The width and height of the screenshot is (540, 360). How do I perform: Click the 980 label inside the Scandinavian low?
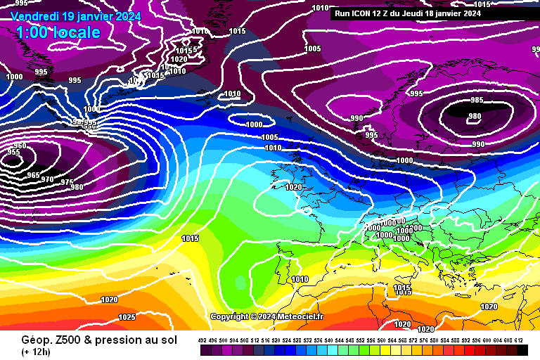coord(475,117)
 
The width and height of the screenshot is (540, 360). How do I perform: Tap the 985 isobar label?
coord(477,101)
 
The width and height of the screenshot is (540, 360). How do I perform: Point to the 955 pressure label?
coord(13,152)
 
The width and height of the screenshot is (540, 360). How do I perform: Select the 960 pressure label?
coord(20,146)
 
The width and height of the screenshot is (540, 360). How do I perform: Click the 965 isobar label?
coord(33,175)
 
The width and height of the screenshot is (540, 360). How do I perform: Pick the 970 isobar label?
coord(47,179)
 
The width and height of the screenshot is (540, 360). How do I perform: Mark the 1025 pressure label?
coord(127,317)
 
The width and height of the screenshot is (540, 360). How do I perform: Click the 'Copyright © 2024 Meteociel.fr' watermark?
coord(266,317)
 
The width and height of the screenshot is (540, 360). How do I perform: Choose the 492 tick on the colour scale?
coord(202,340)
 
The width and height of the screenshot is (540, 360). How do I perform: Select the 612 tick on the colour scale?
coord(518,340)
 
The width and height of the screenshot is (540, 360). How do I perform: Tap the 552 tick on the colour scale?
coord(361,340)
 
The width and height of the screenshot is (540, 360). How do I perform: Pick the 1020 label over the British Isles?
coord(293,188)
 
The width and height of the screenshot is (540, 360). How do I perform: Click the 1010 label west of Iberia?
coord(300,279)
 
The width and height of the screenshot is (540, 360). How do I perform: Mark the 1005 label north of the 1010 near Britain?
coord(269,137)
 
